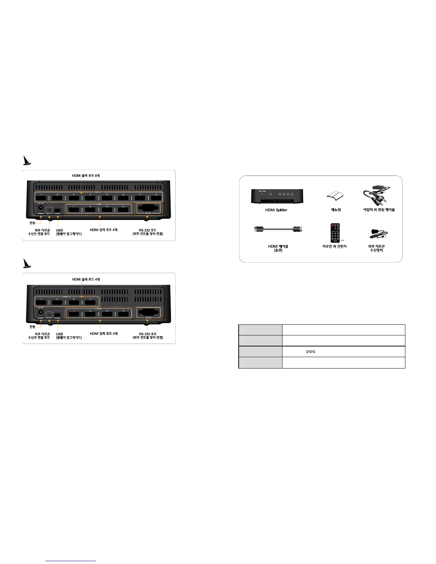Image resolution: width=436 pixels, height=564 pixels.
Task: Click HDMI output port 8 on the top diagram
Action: [156, 198]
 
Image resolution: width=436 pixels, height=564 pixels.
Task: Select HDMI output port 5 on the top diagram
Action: [107, 198]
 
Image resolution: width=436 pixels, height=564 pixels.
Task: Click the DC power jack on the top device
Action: [41, 208]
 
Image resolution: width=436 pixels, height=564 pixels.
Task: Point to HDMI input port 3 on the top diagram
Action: [107, 210]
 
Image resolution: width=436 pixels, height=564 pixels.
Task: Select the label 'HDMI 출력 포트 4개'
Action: [86, 280]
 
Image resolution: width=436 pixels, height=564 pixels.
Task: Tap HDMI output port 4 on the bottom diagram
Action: [90, 303]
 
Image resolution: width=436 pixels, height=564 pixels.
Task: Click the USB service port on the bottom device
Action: [57, 315]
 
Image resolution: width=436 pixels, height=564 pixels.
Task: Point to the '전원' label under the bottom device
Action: [32, 327]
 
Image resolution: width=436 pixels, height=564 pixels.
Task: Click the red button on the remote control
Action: [333, 226]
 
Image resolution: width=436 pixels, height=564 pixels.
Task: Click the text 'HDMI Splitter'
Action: [276, 210]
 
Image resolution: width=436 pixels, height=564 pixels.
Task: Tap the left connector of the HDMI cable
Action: [258, 229]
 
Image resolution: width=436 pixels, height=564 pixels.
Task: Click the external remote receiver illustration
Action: [378, 234]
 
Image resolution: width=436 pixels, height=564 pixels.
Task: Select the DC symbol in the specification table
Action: [310, 352]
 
